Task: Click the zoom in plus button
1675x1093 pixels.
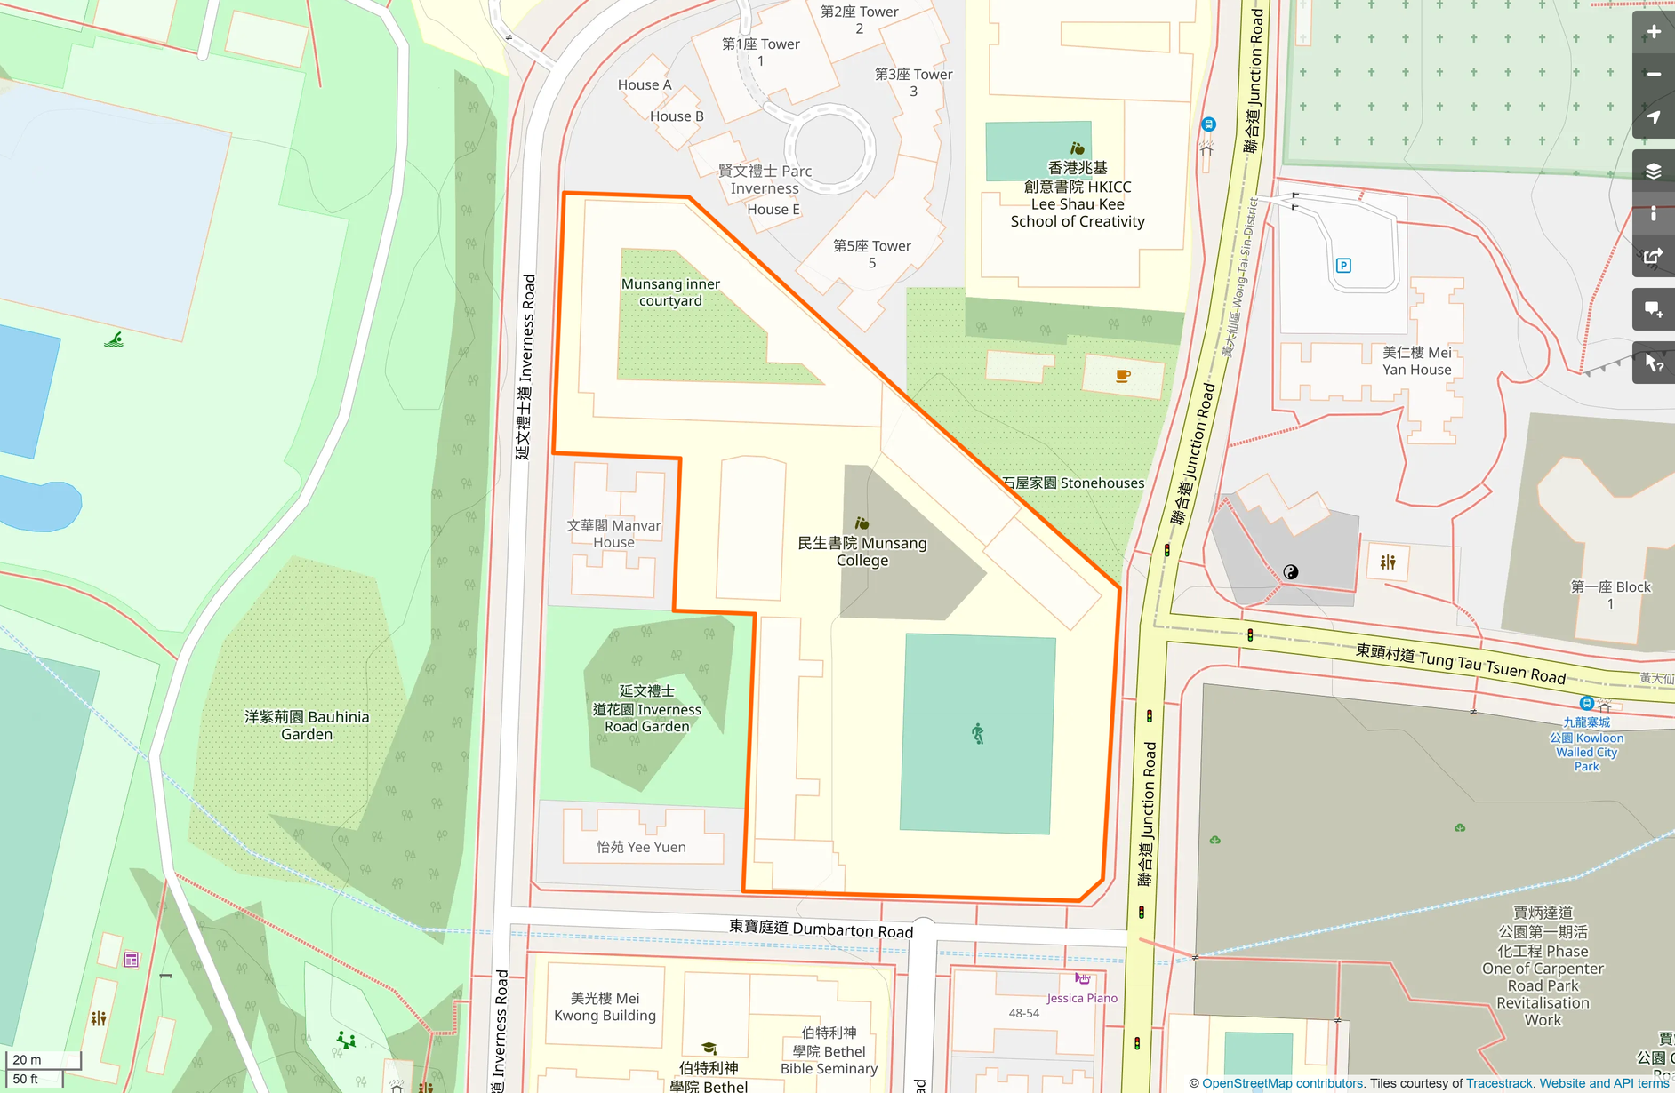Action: coord(1653,32)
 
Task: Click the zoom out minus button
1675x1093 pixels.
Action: coord(1653,75)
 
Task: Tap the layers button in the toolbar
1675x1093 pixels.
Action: coord(1653,171)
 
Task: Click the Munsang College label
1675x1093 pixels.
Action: coord(862,551)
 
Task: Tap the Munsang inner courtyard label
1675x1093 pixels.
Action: coord(670,292)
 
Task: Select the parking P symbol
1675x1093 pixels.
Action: coord(1343,266)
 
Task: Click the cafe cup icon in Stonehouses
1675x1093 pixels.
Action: coord(1123,376)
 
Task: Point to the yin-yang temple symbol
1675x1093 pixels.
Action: coord(1291,572)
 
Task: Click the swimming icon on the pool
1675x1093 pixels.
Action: coord(114,339)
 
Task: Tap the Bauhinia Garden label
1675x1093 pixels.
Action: coord(307,725)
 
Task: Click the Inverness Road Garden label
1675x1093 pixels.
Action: coord(647,708)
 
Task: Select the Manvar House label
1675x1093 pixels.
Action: coord(613,533)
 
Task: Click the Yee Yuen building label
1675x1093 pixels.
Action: coord(641,847)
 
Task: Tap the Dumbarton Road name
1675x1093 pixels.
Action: coord(821,929)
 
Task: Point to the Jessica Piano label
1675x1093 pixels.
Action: coord(1081,998)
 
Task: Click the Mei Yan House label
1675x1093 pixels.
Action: coord(1416,361)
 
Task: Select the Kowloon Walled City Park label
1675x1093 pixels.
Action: coord(1587,745)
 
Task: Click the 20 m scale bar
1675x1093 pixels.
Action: coord(43,1060)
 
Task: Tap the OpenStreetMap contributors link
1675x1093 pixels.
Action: coord(1282,1083)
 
